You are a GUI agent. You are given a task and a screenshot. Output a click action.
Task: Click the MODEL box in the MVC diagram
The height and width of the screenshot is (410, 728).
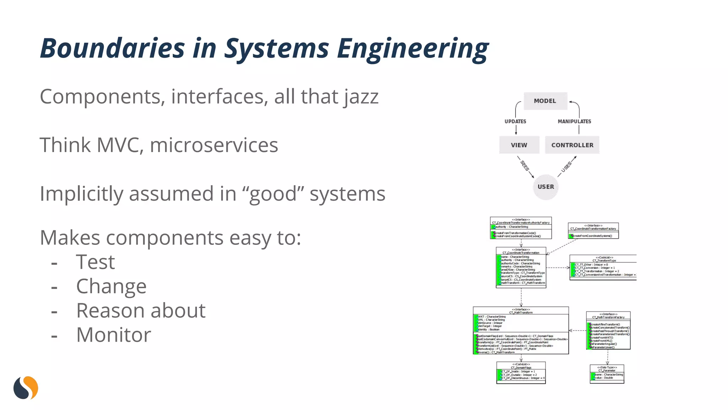(x=545, y=101)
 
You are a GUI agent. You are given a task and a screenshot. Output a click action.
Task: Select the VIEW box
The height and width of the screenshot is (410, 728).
(x=519, y=145)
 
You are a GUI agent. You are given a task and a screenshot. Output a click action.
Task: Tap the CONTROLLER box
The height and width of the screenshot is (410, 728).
(x=572, y=145)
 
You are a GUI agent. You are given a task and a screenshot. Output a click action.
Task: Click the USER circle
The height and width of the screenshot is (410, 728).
(x=546, y=187)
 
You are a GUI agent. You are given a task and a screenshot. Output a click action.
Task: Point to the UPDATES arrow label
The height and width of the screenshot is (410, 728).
(x=515, y=121)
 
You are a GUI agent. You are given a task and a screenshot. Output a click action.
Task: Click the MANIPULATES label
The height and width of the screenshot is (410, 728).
(x=574, y=121)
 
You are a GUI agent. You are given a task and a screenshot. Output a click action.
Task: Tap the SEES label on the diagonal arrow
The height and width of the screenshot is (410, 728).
(x=525, y=166)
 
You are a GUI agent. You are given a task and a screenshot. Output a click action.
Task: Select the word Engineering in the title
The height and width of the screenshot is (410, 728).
(x=412, y=49)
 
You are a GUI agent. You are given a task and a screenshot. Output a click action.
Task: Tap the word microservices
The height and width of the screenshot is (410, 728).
(x=214, y=145)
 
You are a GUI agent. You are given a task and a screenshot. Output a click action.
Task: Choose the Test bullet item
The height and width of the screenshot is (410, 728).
(x=95, y=262)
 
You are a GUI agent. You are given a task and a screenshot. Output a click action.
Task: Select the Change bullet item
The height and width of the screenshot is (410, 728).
(x=111, y=287)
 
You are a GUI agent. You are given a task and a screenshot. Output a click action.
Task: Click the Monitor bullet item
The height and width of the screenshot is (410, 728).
(x=113, y=335)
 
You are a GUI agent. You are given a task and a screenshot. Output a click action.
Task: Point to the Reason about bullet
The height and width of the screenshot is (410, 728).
(x=141, y=311)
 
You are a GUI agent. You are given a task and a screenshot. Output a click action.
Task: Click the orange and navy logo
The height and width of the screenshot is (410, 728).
(x=26, y=388)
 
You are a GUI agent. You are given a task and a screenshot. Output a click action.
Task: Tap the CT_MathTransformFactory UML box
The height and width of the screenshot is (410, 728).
(x=608, y=331)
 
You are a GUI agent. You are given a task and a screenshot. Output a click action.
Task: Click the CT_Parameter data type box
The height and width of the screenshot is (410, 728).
(x=607, y=374)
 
